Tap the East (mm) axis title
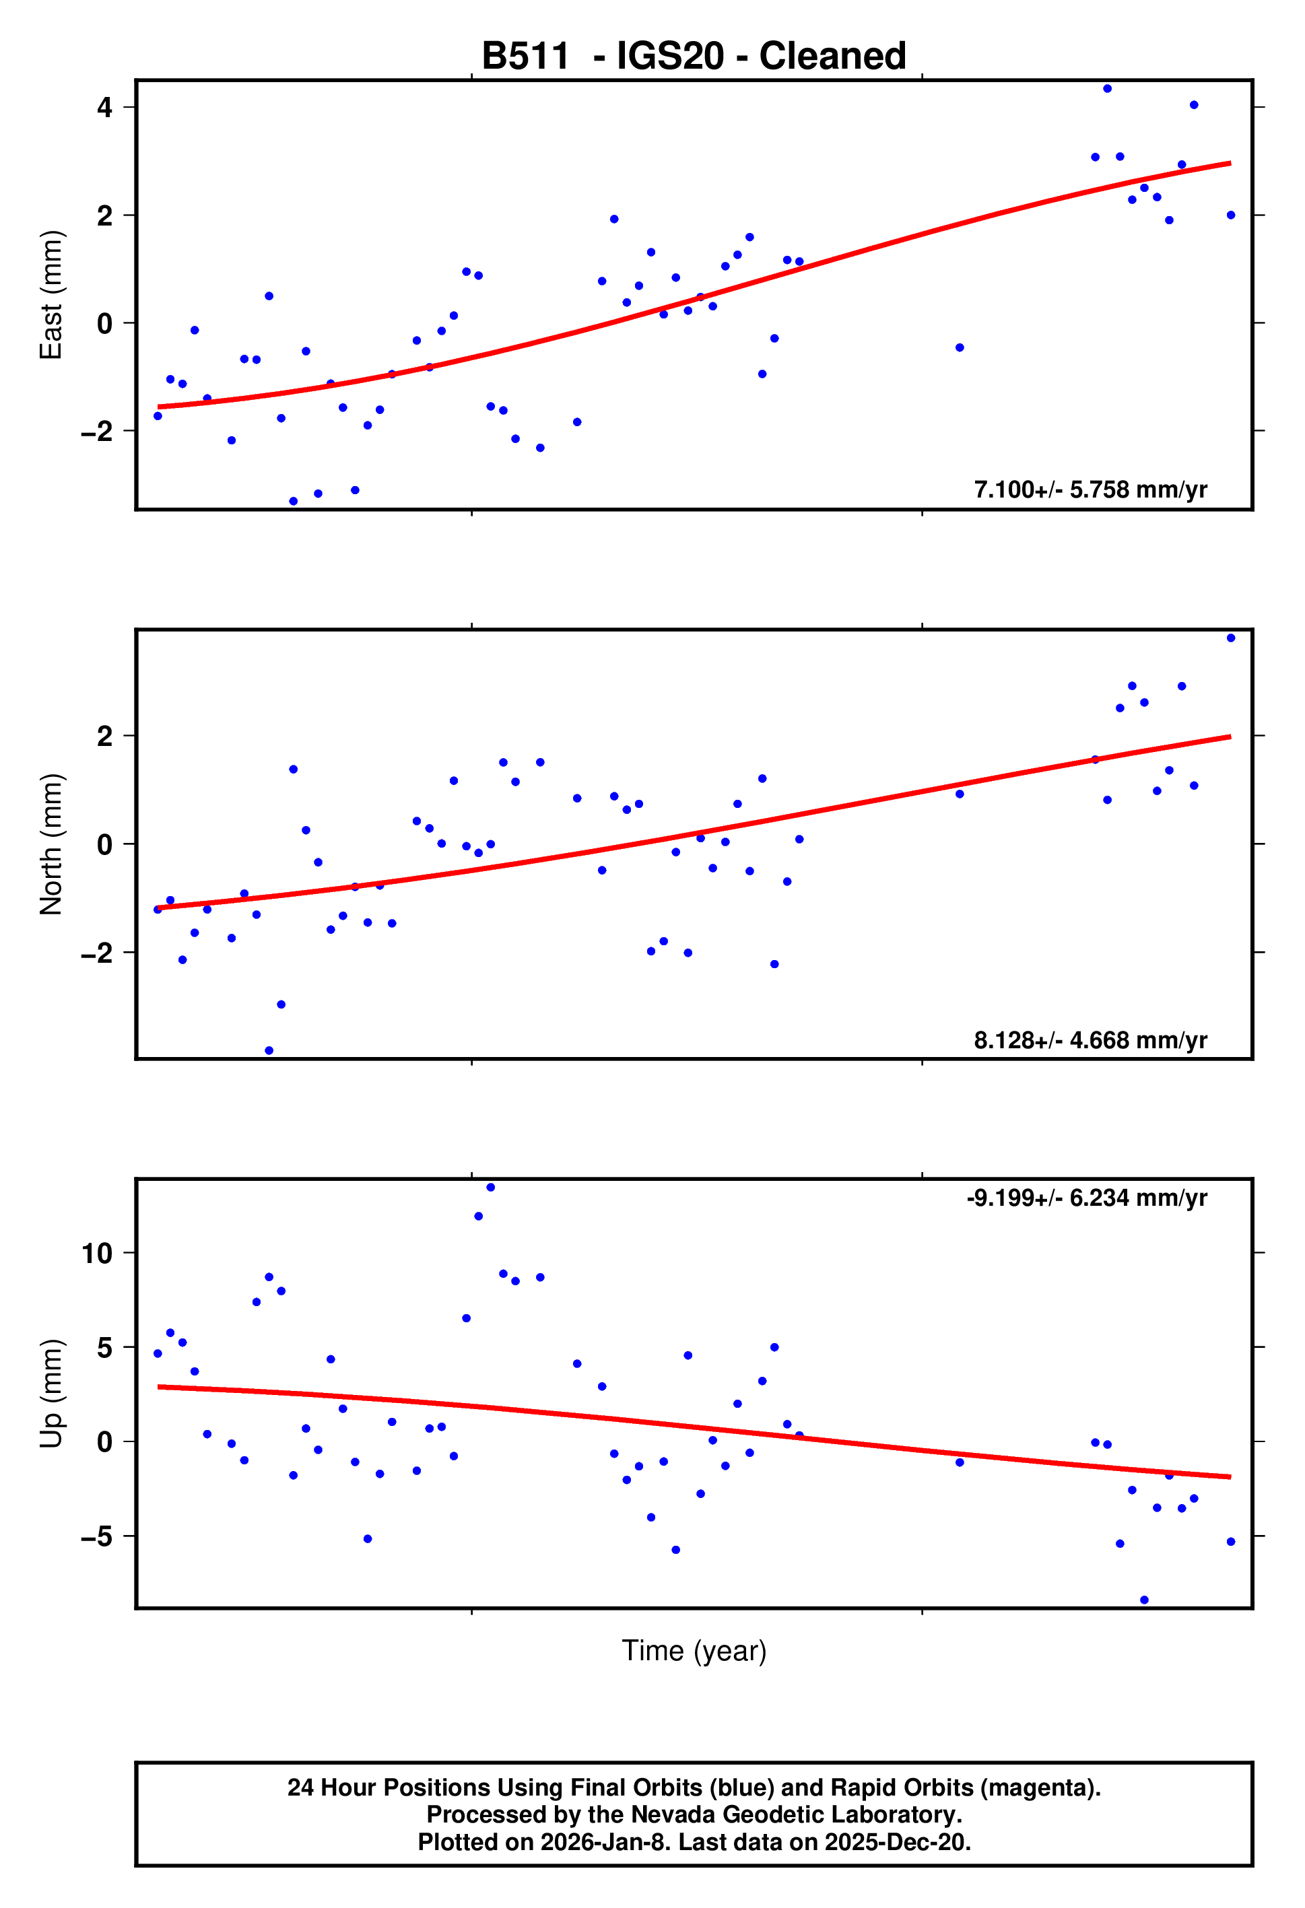tap(51, 295)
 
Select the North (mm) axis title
tap(51, 844)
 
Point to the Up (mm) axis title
tap(51, 1393)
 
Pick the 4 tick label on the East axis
tap(104, 108)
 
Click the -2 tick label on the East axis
tap(97, 431)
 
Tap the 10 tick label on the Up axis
tap(97, 1254)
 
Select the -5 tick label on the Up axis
tap(97, 1536)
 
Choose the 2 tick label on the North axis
tap(104, 737)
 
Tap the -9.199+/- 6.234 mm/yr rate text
tap(1087, 1198)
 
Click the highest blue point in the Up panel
tap(490, 1187)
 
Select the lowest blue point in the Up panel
tap(1144, 1600)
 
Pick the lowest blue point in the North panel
tap(269, 1051)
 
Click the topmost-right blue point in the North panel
tap(1230, 638)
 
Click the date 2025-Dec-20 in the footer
tap(897, 1841)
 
